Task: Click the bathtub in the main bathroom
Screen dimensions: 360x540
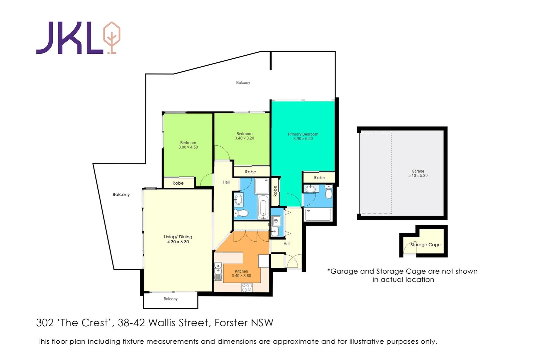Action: tap(263, 207)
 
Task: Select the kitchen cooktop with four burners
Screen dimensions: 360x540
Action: tap(247, 288)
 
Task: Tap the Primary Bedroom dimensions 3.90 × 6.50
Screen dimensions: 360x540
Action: tap(303, 139)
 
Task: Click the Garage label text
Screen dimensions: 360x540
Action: tap(418, 171)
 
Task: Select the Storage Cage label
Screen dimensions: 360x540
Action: tap(425, 245)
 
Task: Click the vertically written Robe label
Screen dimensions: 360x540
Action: tap(275, 191)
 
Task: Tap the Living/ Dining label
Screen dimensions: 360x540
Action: tap(178, 237)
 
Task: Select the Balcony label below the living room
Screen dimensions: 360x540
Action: tap(170, 299)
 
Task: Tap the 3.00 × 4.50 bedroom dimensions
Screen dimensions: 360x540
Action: tap(188, 147)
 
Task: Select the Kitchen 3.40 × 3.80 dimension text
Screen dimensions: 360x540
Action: tap(241, 276)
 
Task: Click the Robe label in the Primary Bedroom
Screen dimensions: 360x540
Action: tap(319, 178)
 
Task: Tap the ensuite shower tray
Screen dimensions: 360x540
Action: tap(318, 215)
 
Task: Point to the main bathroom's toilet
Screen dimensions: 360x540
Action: tap(241, 213)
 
